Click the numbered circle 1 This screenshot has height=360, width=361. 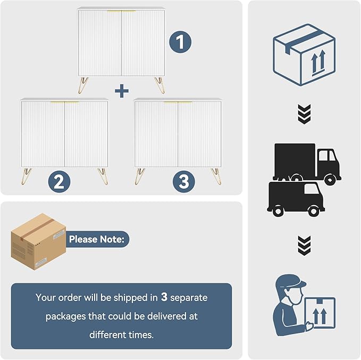(180, 42)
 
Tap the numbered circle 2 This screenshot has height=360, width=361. (59, 181)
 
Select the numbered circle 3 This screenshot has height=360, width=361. (184, 181)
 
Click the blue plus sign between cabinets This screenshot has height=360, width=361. (122, 91)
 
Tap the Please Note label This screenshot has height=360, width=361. (97, 239)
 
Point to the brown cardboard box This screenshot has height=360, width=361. (38, 241)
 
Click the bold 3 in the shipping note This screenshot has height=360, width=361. (164, 297)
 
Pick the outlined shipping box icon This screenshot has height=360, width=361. (304, 55)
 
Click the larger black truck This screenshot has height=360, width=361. (307, 163)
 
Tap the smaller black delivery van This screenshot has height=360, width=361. (296, 199)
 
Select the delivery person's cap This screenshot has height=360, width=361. (291, 281)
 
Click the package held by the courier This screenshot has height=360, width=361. (320, 313)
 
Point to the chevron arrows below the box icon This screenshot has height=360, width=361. (304, 114)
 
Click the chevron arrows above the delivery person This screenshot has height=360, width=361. (304, 246)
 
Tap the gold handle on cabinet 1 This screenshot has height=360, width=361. (122, 11)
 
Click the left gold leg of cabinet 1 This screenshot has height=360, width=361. (83, 85)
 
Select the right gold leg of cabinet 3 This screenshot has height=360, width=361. (216, 177)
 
